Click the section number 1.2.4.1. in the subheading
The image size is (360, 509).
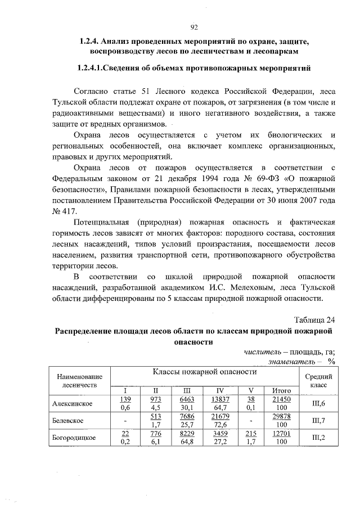(x=97, y=67)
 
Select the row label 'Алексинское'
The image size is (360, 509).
(x=73, y=403)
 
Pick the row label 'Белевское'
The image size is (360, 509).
(x=69, y=421)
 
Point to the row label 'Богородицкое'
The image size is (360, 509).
(x=74, y=438)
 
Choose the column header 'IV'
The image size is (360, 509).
(x=219, y=390)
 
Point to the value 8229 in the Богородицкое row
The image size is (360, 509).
(x=187, y=434)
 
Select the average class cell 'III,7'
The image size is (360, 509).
(x=318, y=421)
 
